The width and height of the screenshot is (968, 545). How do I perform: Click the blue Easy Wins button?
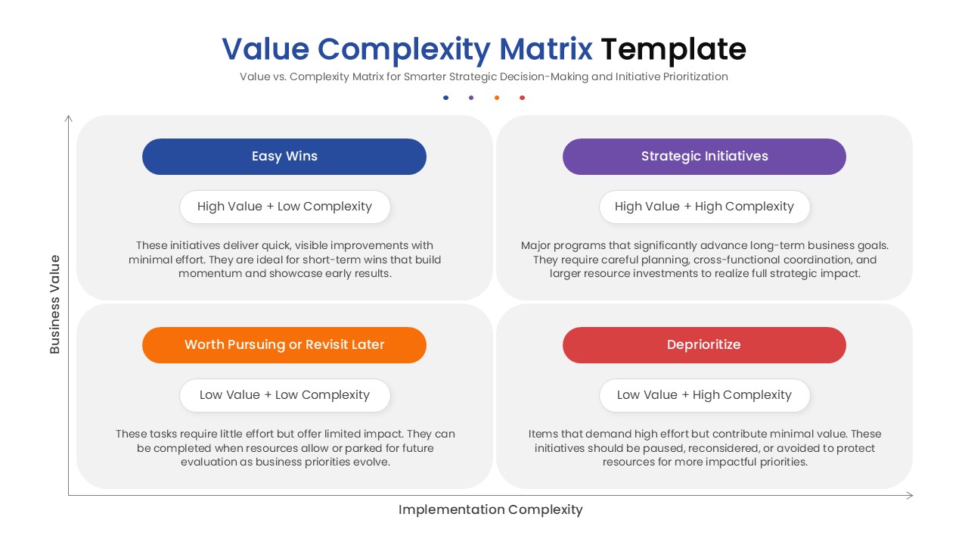point(284,157)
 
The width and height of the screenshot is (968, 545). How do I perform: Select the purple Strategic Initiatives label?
point(704,157)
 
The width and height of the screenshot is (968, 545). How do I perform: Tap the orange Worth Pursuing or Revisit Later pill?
point(284,345)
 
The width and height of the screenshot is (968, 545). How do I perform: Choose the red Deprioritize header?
point(704,345)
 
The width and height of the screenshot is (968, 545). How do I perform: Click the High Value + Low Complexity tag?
point(284,207)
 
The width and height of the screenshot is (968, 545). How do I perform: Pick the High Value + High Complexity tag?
point(704,207)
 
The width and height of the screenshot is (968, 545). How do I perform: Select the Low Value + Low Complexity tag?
point(284,395)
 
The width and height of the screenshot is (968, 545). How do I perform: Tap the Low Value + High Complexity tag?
point(704,395)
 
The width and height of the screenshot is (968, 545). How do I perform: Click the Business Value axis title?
point(54,304)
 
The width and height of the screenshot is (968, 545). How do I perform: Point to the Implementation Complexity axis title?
point(490,509)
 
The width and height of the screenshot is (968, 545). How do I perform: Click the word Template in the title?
point(673,49)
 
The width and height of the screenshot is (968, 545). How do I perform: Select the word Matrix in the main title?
point(546,49)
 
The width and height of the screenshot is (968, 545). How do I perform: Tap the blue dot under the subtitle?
point(446,98)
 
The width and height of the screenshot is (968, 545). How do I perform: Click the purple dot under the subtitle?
point(471,98)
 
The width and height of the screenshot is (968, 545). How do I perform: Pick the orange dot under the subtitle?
point(497,98)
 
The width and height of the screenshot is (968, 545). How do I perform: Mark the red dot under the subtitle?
point(522,98)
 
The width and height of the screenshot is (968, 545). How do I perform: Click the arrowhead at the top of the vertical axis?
point(69,118)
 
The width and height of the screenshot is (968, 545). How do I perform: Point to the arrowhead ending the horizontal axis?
point(910,496)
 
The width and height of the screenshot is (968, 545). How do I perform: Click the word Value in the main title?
point(265,49)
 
